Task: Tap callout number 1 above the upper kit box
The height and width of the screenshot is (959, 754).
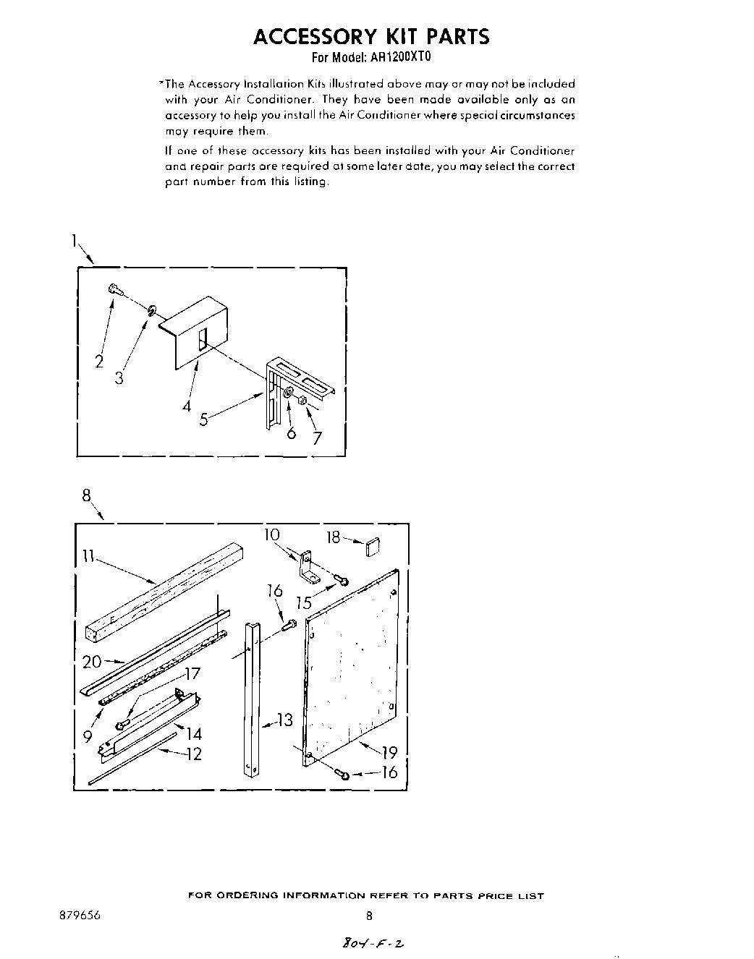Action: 75,243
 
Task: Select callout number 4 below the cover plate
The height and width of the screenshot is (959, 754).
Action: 187,406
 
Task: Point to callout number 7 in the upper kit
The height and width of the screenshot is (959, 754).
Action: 317,438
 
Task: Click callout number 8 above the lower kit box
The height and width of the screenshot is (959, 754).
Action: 87,495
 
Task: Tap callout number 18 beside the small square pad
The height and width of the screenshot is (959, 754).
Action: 333,537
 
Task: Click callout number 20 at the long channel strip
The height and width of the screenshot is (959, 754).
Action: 92,661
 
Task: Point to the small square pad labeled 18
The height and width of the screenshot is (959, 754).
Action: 373,548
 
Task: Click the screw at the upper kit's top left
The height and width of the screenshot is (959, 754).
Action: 114,289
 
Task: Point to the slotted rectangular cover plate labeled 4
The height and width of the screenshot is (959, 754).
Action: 199,332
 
